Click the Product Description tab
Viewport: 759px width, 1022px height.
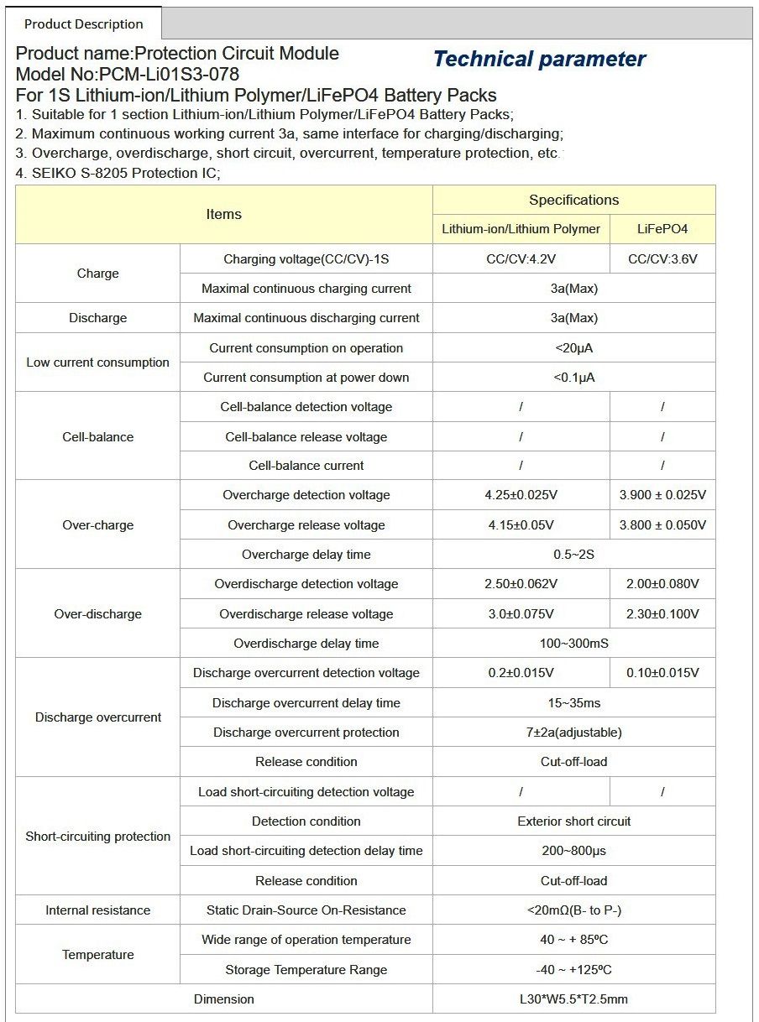pos(84,23)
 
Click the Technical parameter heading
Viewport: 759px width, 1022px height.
pos(539,60)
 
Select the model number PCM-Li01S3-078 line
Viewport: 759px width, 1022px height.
pos(128,74)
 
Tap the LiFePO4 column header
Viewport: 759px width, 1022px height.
pos(662,229)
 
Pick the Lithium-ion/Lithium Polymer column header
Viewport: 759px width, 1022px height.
pos(521,229)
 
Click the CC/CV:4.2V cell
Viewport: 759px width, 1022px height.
pos(521,259)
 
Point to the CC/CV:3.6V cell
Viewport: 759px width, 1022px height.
pos(662,259)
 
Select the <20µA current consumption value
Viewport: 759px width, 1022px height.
pos(573,348)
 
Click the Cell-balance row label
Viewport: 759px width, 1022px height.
pos(97,436)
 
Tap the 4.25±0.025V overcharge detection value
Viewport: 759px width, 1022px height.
pos(521,495)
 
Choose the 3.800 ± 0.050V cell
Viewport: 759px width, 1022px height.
pos(662,525)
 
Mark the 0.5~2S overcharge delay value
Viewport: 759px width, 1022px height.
pos(573,555)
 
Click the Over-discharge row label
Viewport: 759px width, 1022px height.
pos(97,614)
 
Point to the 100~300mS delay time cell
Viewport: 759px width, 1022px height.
pos(573,644)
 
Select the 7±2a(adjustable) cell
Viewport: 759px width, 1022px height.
pos(573,733)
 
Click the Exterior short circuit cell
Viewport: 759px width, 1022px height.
pos(573,821)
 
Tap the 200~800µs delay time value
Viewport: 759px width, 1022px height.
pos(573,851)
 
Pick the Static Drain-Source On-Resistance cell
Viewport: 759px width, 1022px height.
pos(306,910)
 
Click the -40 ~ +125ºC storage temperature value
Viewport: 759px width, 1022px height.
pos(573,970)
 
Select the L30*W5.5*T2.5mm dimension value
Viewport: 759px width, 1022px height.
pos(573,999)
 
